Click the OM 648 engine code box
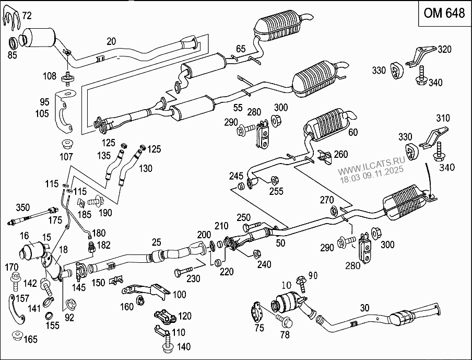(x=443, y=14)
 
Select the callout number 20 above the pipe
(x=111, y=41)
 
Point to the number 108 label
(x=50, y=76)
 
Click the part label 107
(x=66, y=156)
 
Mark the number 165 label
(x=31, y=340)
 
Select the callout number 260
(x=340, y=154)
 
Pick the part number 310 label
(x=442, y=119)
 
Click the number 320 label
(x=444, y=50)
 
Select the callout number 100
(x=179, y=295)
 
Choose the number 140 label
(x=183, y=346)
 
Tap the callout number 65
(x=240, y=49)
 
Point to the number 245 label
(x=235, y=176)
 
